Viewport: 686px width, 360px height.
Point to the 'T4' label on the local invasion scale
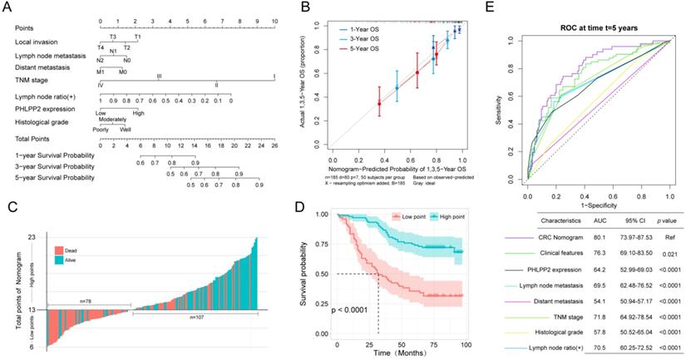pyautogui.click(x=101, y=47)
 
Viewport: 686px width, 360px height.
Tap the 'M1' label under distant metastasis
pyautogui.click(x=101, y=71)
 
